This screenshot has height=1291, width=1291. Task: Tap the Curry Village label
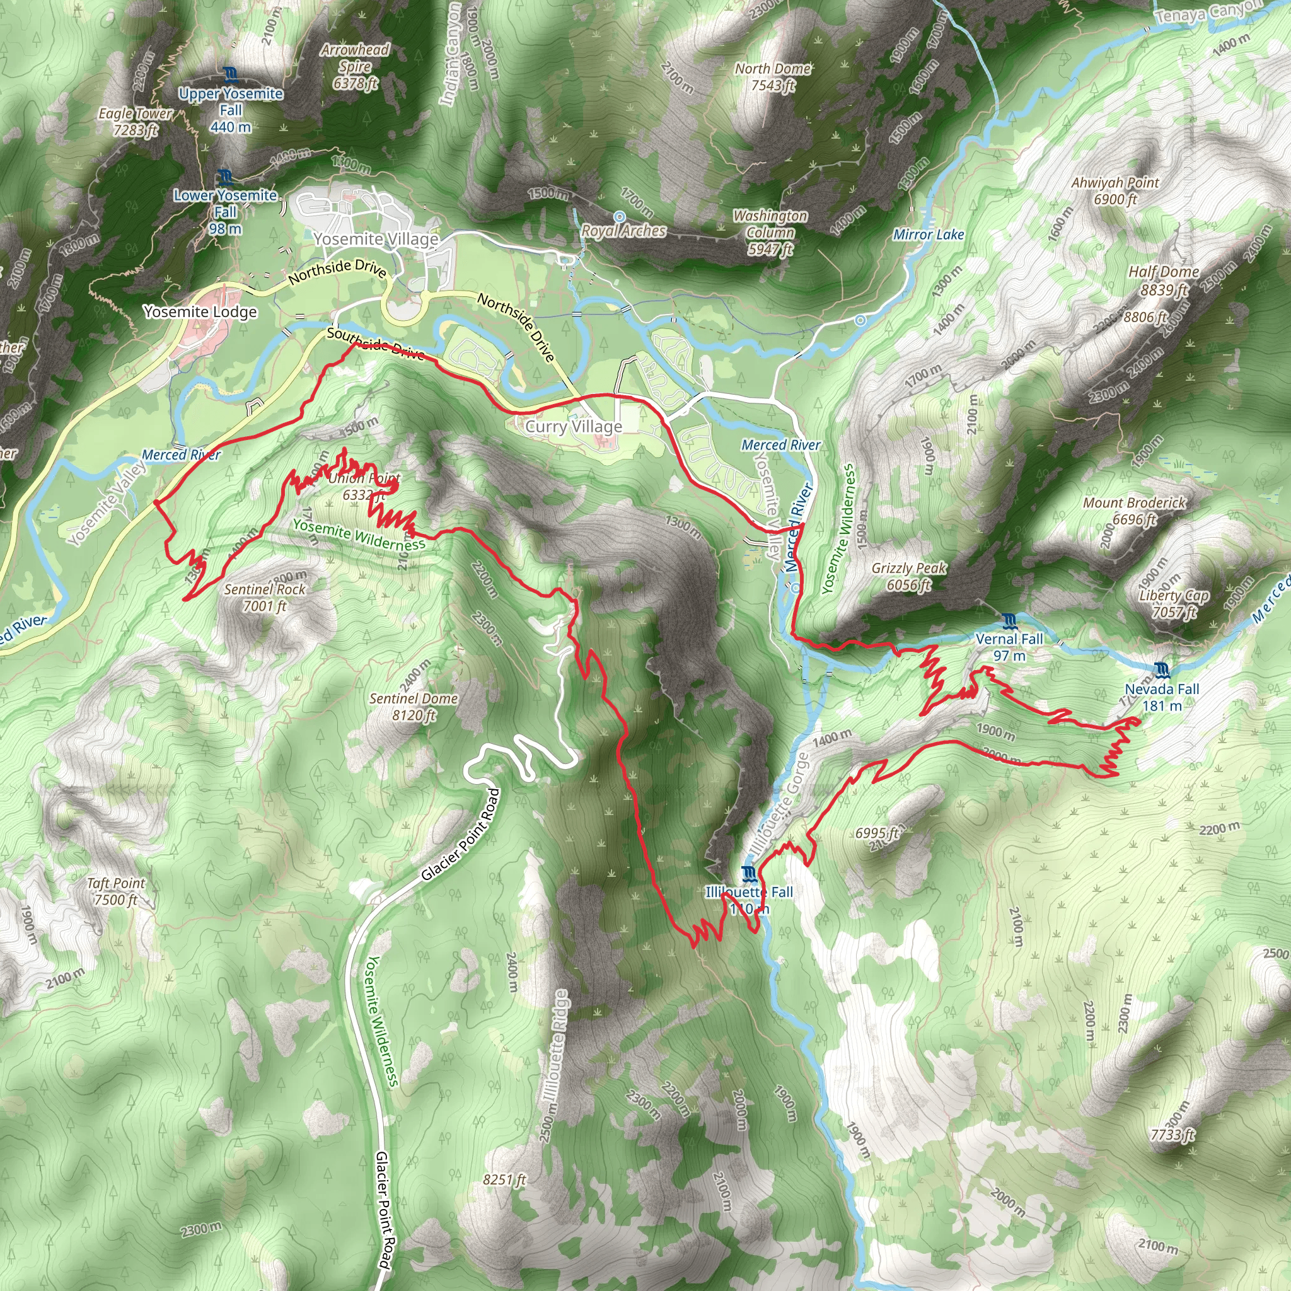tap(574, 426)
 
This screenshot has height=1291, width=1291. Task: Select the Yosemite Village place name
tap(376, 238)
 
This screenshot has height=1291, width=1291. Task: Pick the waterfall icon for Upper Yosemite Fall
tap(231, 74)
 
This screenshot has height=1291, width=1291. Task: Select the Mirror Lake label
tap(928, 234)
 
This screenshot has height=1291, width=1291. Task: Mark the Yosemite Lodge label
tap(200, 312)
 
